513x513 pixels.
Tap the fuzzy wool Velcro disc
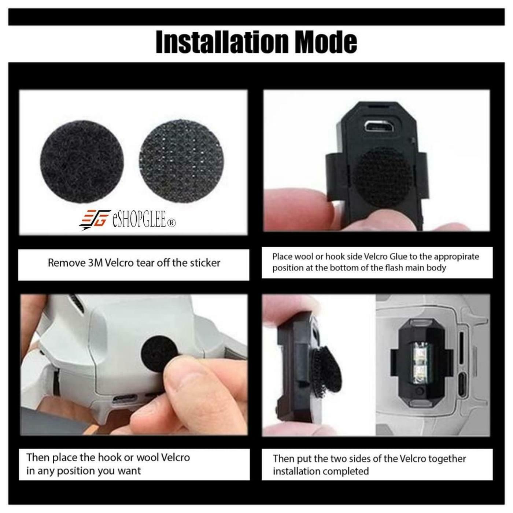click(x=82, y=165)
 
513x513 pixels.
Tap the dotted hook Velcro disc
click(x=181, y=161)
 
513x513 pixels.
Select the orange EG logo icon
click(x=95, y=219)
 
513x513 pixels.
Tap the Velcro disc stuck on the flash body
click(x=382, y=178)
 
